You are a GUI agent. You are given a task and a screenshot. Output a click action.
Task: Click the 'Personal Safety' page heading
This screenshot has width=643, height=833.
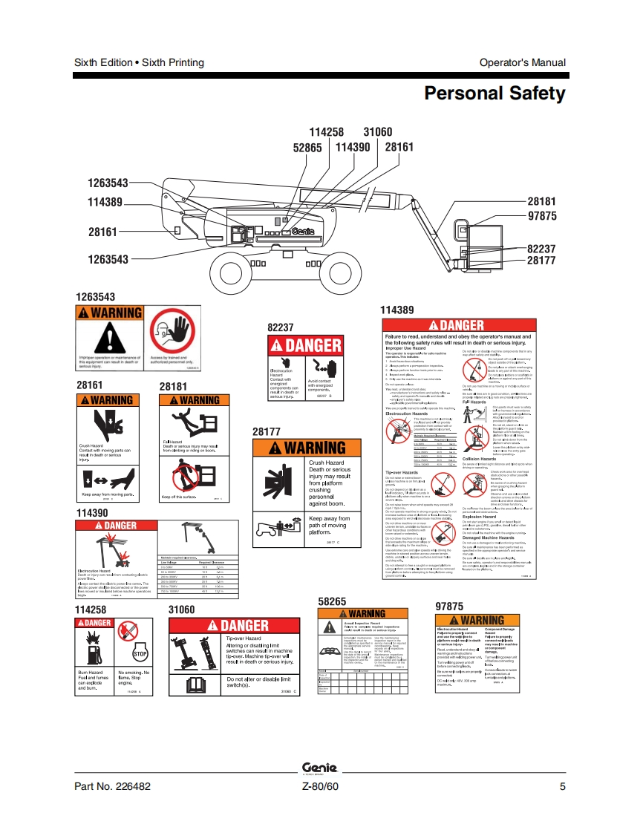495,94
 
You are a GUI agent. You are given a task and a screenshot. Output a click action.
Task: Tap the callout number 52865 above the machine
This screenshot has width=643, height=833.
307,148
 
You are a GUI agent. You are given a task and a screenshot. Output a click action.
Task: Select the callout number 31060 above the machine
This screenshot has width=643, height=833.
377,132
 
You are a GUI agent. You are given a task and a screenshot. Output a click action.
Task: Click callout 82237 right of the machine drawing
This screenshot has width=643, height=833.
541,249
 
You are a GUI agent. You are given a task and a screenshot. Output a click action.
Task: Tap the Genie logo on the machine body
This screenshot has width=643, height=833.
304,232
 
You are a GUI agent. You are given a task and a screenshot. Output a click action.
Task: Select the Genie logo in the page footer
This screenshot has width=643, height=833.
320,768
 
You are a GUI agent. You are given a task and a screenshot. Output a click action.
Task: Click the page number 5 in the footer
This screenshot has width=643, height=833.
563,787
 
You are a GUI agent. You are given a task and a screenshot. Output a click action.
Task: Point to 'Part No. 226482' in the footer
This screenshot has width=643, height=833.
113,787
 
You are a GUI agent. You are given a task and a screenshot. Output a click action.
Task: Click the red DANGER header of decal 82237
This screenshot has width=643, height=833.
305,345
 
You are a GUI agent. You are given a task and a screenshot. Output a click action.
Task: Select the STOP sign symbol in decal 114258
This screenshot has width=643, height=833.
140,653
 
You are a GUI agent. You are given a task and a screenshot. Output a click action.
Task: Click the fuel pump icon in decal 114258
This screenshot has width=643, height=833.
94,650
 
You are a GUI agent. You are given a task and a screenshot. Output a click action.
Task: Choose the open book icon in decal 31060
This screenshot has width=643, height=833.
191,682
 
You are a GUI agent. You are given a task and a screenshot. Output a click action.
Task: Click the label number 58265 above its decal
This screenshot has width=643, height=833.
332,601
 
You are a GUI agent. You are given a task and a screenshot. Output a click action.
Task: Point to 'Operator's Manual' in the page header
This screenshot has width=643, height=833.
522,63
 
